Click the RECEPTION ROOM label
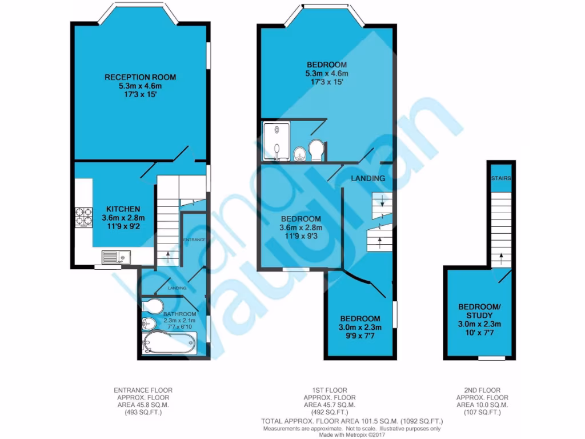140,77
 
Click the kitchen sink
117,257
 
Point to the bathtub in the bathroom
169,343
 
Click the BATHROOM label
180,314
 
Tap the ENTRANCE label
194,240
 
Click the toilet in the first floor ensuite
316,150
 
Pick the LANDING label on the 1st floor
368,178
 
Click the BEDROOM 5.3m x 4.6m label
326,65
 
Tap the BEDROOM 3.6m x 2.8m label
300,219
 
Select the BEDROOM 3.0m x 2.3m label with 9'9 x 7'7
360,318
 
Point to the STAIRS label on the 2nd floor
501,178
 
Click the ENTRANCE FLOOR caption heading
143,390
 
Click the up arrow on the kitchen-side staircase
168,254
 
